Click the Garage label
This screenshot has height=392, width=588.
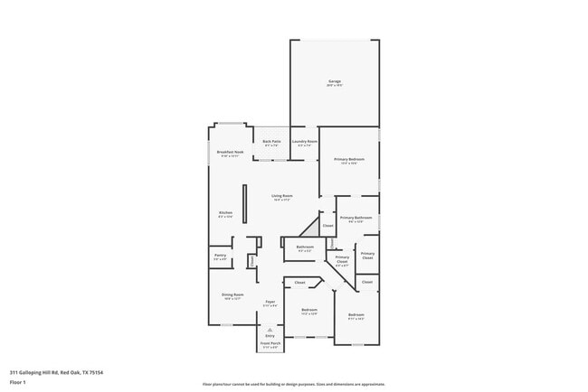tap(334, 82)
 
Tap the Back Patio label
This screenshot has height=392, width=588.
tap(271, 142)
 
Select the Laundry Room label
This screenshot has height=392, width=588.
tap(305, 142)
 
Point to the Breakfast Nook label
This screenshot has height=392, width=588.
tap(231, 153)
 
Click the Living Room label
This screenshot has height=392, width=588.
tap(282, 196)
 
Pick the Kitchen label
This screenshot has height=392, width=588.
tap(225, 213)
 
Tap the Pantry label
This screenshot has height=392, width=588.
tap(220, 256)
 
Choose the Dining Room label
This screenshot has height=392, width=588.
tap(232, 294)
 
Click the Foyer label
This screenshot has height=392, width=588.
tap(270, 302)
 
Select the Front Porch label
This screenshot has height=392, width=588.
tap(270, 343)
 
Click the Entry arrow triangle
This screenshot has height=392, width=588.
tap(270, 330)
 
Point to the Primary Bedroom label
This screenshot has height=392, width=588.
tap(348, 159)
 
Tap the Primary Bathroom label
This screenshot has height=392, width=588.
tap(356, 218)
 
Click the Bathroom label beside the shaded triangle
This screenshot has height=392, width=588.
tap(305, 247)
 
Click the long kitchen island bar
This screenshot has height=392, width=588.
tap(244, 210)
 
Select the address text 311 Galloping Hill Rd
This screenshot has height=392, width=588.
tap(56, 371)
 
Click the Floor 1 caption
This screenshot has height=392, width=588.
tap(18, 382)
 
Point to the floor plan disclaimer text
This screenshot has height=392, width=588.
tap(294, 383)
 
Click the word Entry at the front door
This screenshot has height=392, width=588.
tap(270, 336)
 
